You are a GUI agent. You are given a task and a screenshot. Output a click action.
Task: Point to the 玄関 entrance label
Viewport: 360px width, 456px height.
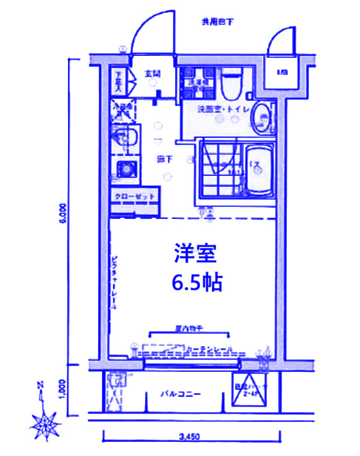click(x=152, y=74)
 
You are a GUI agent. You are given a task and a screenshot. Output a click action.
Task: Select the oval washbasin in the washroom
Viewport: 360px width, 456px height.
click(x=261, y=118)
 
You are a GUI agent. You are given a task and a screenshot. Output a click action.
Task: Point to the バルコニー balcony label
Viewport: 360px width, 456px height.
click(x=181, y=394)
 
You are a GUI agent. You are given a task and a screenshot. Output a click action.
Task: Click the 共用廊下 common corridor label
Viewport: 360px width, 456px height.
click(x=218, y=22)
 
